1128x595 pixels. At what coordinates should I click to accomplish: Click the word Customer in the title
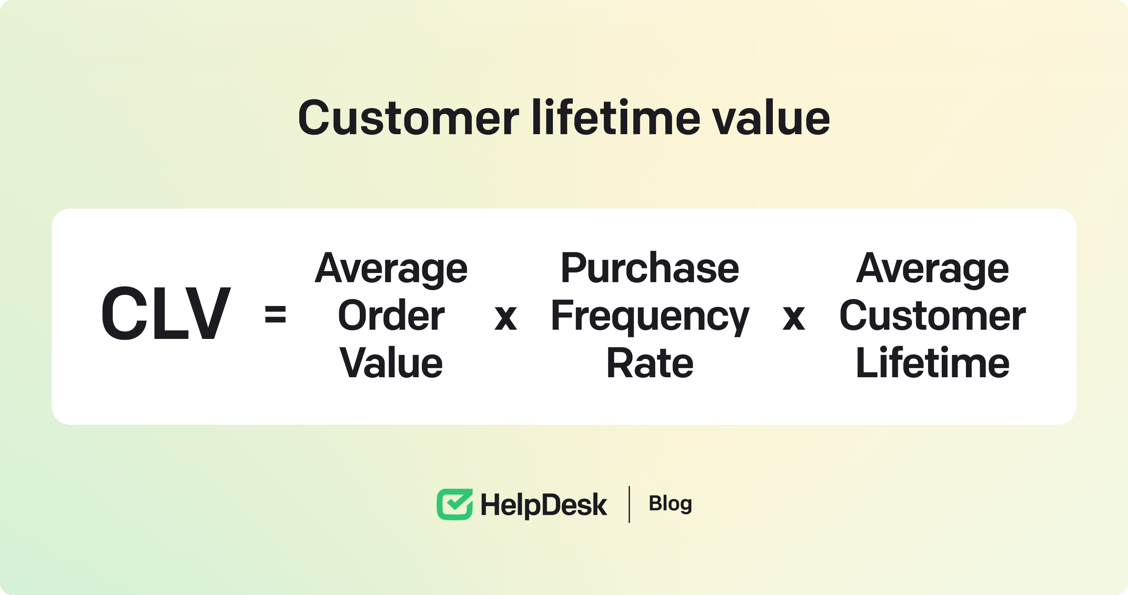408,117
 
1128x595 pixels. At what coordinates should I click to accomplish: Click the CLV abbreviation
166,313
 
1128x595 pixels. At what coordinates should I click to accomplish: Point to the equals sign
275,314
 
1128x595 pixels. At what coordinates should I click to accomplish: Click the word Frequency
650,317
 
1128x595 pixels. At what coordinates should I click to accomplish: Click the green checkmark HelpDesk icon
454,504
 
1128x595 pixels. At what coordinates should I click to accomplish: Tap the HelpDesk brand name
543,505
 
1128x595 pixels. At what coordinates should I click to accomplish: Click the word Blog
670,504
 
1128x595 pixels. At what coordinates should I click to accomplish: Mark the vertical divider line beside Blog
629,504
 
